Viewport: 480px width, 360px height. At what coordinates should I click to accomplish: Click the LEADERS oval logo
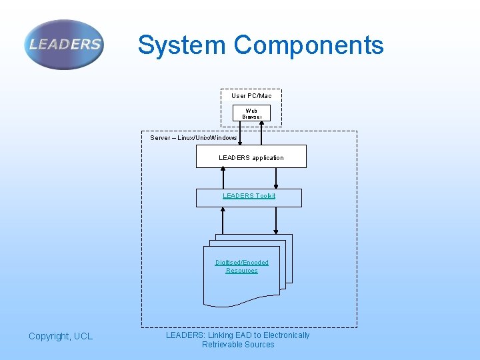pos(64,45)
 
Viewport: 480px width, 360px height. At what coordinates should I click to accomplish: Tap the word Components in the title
pos(309,45)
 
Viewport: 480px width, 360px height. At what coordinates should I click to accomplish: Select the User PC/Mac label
pos(251,96)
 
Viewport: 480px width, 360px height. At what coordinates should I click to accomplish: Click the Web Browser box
pos(251,113)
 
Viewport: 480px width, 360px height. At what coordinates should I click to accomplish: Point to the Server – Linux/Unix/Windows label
pos(193,138)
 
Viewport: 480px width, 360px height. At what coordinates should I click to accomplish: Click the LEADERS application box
pos(251,157)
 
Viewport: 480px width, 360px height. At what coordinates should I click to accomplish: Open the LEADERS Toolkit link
pos(249,196)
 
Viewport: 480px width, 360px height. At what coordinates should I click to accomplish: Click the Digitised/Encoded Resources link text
pos(241,267)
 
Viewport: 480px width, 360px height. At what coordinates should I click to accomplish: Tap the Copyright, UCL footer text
pos(61,337)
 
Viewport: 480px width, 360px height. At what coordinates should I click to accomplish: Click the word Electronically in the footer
pos(286,335)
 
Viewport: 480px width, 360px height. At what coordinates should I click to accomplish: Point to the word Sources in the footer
pos(260,345)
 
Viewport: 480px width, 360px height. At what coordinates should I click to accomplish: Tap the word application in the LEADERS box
pos(267,158)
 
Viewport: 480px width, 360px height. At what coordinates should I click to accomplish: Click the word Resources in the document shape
pos(241,271)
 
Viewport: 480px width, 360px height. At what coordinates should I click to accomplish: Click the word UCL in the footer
pos(83,337)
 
